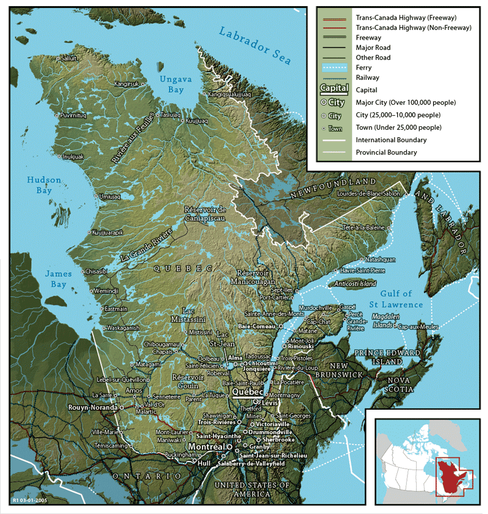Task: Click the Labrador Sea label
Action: (256, 46)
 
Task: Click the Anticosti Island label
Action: (352, 284)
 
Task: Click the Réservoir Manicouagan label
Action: (253, 277)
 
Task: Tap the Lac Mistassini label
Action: (194, 315)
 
